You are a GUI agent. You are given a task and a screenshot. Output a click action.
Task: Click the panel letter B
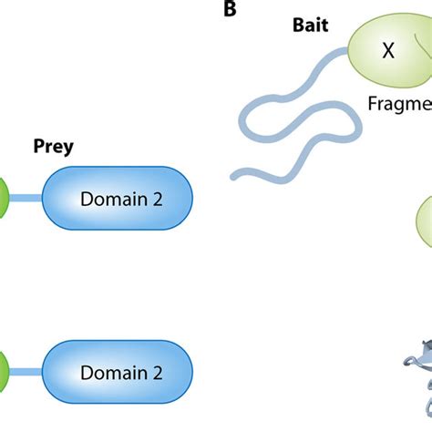[x=229, y=11]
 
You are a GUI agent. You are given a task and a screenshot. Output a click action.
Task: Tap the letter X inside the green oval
[x=388, y=52]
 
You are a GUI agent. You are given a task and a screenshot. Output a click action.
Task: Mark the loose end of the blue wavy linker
[x=236, y=172]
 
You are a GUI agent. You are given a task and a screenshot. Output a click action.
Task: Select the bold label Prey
[x=52, y=145]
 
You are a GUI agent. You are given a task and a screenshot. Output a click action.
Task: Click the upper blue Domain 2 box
[x=118, y=198]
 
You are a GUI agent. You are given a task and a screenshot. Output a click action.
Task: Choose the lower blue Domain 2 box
[x=118, y=372]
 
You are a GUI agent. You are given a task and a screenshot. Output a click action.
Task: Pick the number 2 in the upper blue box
[x=158, y=198]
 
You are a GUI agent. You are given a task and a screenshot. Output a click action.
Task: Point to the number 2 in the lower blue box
[x=158, y=372]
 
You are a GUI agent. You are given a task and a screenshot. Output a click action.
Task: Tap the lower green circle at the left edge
[x=4, y=372]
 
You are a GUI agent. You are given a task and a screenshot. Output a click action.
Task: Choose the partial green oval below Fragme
[x=425, y=223]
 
